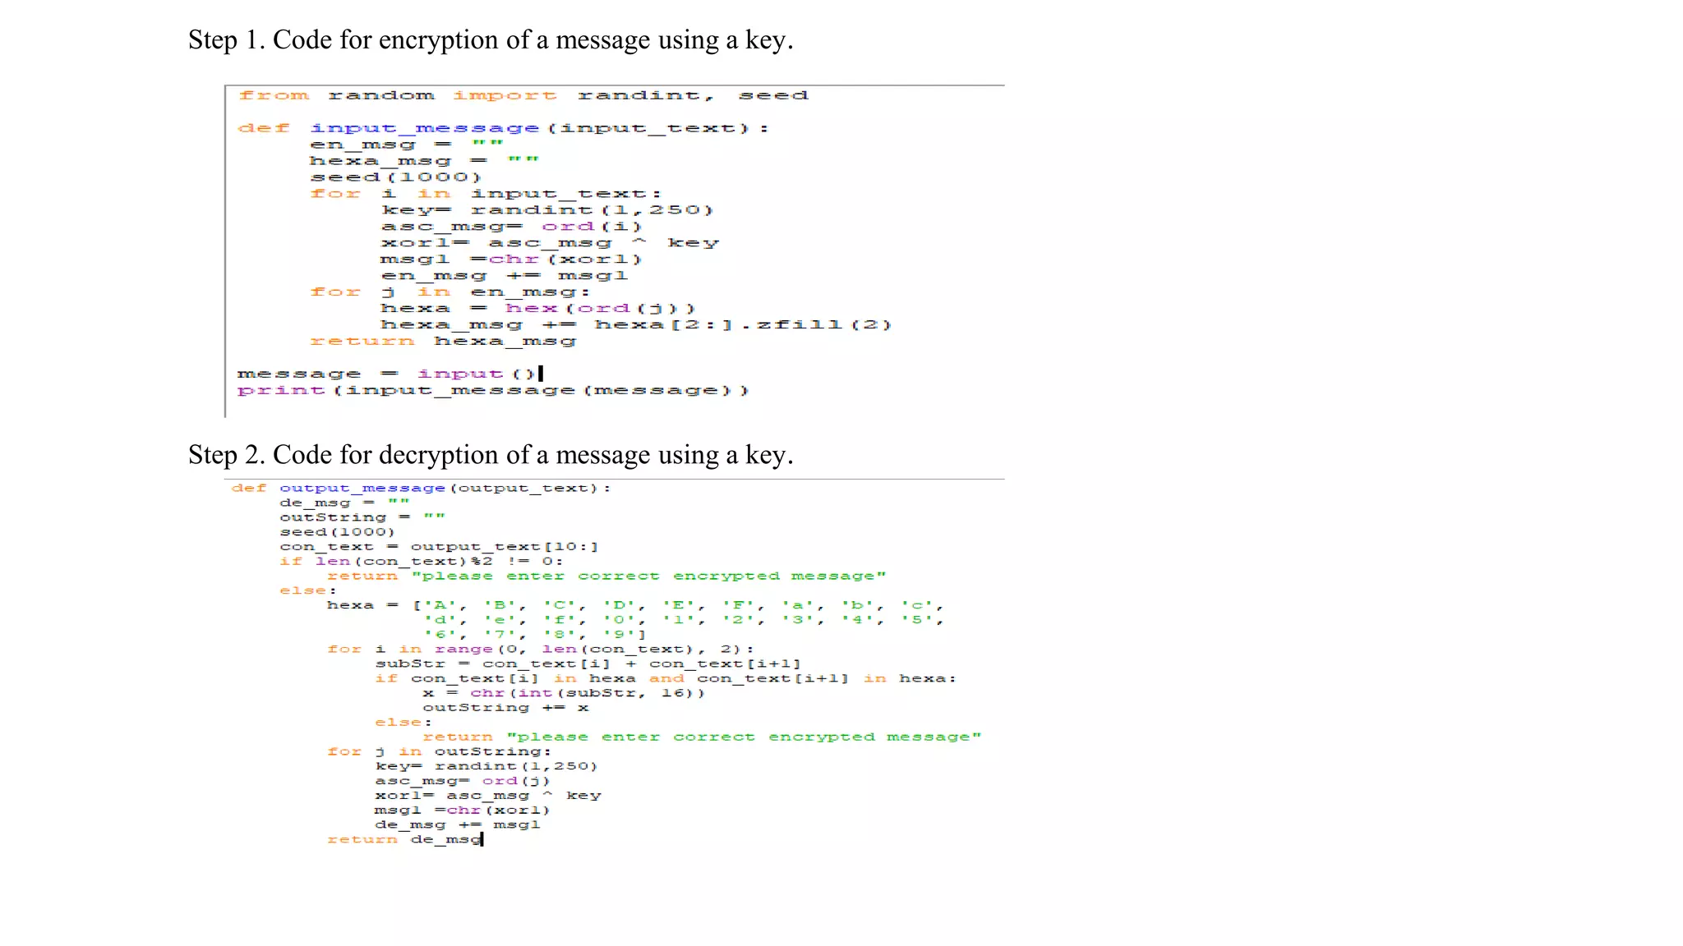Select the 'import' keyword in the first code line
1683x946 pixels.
coord(505,96)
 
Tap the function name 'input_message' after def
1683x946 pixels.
coord(425,129)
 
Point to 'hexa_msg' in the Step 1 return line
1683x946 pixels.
coord(505,342)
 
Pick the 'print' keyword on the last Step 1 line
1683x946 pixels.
coord(281,391)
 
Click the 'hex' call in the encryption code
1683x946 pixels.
coord(531,309)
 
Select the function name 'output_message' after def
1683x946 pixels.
coord(362,489)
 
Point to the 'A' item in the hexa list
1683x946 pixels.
coord(439,606)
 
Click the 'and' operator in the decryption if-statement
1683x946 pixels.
coord(666,679)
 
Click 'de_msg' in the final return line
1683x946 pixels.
coord(445,840)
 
